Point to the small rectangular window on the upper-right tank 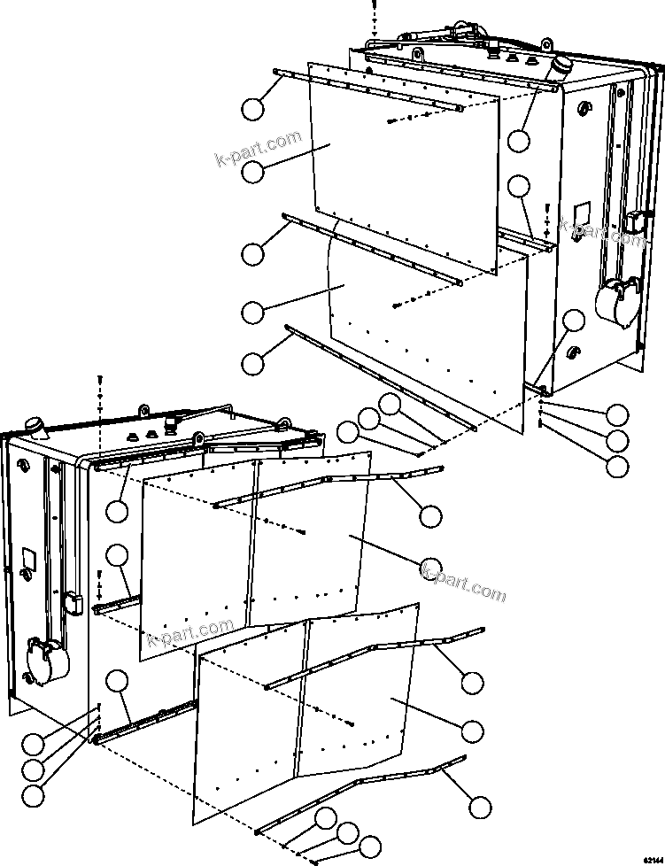tap(581, 213)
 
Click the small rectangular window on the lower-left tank tap(27, 560)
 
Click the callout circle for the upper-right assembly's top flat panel tap(253, 171)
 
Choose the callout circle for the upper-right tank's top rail tap(519, 139)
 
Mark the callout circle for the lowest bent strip tap(479, 807)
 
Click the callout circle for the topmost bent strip tap(430, 515)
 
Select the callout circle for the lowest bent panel tap(473, 731)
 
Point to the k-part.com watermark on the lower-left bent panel tap(190, 632)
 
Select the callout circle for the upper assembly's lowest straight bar tap(253, 362)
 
